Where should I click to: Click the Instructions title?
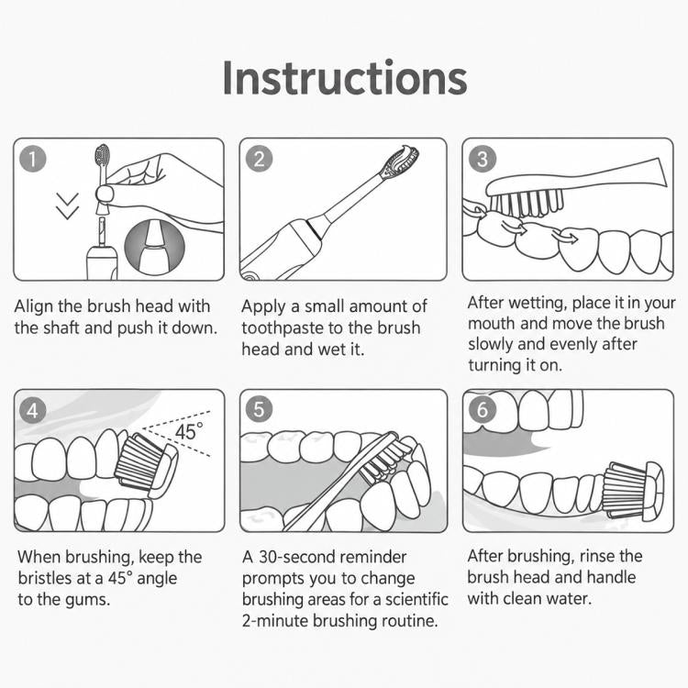(x=344, y=78)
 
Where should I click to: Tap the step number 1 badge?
(x=33, y=159)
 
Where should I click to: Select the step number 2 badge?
(x=259, y=159)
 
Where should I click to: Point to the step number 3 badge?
(x=483, y=159)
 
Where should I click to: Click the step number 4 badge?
(x=33, y=410)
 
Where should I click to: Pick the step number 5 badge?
(x=259, y=409)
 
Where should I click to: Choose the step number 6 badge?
(x=483, y=409)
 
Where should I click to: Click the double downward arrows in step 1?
(x=68, y=205)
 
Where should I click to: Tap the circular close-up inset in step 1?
(x=154, y=246)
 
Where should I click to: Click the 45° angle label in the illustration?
(x=189, y=432)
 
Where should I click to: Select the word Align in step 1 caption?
(x=33, y=306)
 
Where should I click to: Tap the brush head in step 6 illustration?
(x=634, y=492)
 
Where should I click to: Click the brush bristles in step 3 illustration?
(x=527, y=204)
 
